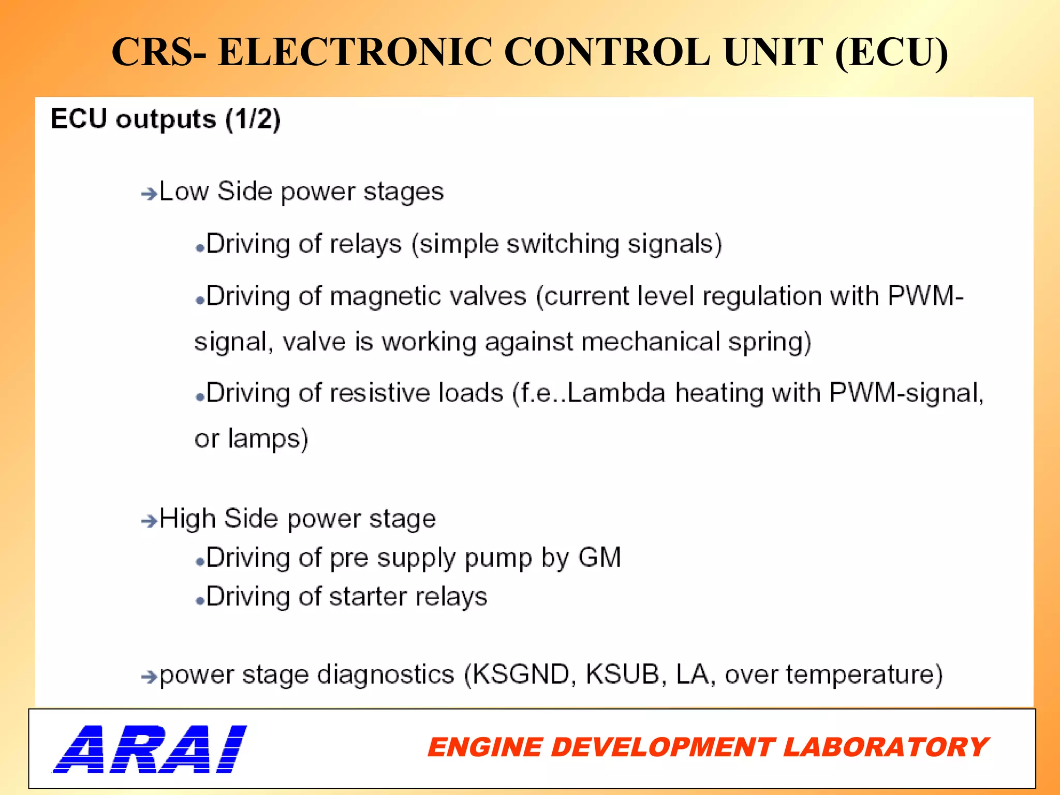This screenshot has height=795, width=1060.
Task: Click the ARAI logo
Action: point(150,748)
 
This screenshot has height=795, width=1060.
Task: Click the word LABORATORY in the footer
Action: point(886,747)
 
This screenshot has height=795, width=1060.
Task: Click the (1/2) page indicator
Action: point(253,120)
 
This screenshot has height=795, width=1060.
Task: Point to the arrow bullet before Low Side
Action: point(149,194)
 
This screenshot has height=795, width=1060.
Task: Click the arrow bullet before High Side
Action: point(149,521)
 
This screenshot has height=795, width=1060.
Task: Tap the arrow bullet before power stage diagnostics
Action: point(149,676)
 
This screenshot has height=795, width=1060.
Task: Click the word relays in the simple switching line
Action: point(365,244)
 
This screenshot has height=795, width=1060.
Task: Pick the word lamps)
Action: point(268,439)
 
